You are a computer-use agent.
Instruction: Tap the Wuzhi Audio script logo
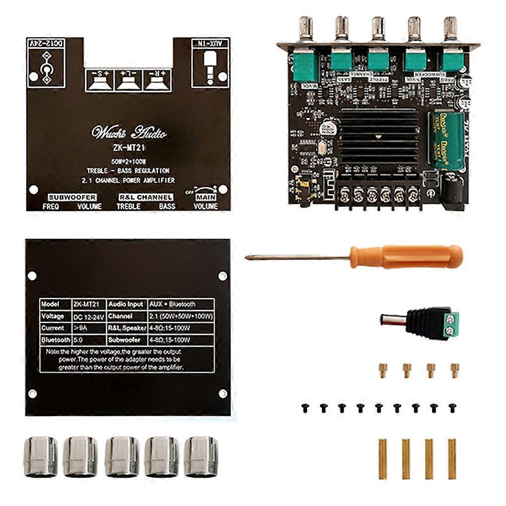128,133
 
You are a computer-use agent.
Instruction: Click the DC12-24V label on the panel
46,44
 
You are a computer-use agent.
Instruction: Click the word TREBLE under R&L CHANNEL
128,206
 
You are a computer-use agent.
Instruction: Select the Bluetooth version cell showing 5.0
77,340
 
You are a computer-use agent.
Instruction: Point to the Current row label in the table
53,328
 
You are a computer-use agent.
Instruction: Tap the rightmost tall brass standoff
451,459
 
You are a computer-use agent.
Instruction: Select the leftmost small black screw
305,408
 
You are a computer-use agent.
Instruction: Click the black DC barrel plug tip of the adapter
392,319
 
